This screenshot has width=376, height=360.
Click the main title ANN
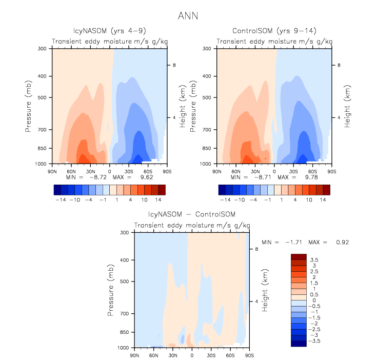coord(188,16)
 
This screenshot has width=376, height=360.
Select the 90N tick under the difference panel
coord(135,354)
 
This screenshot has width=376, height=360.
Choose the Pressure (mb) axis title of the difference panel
coord(112,290)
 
